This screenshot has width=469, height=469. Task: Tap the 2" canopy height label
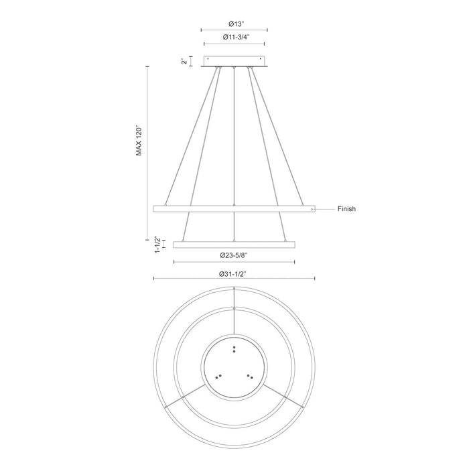[x=183, y=62]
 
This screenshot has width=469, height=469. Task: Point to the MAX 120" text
[x=139, y=140]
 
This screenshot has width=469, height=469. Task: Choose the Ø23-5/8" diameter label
[x=234, y=255]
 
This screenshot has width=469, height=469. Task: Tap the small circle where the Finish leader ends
[x=311, y=209]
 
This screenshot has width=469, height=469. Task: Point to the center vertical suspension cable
[x=234, y=134]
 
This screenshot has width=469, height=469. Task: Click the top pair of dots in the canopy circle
[x=234, y=348]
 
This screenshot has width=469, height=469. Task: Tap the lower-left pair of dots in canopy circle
[x=218, y=377]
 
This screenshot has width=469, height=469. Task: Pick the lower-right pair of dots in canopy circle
[x=249, y=377]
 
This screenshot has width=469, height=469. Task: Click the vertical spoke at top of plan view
[x=234, y=312]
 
